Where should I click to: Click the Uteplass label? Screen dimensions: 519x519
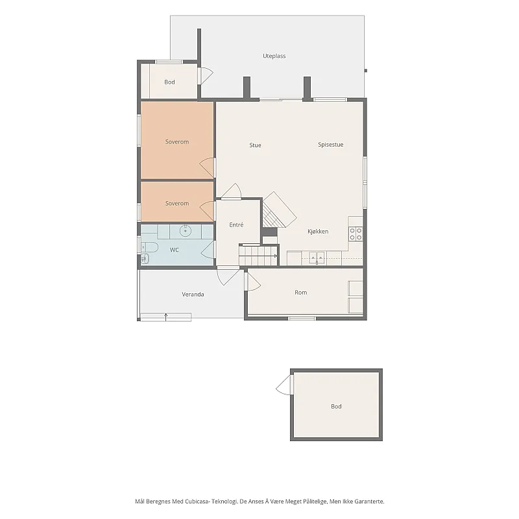click(x=274, y=56)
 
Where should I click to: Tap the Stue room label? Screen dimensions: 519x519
click(x=255, y=145)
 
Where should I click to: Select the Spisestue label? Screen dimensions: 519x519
click(x=331, y=145)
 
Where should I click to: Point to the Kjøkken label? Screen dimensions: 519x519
click(x=318, y=232)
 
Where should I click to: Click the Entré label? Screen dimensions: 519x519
click(x=236, y=224)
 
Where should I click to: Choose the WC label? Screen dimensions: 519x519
click(x=175, y=250)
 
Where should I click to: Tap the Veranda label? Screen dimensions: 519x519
click(x=193, y=295)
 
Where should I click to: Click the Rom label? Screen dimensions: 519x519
click(x=301, y=293)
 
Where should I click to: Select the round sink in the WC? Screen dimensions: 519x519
click(x=186, y=230)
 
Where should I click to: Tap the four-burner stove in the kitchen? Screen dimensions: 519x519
click(x=356, y=234)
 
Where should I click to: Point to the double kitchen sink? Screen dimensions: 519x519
click(x=317, y=258)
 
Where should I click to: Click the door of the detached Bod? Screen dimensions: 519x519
click(x=284, y=385)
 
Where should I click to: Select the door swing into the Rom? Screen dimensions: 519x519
click(x=254, y=282)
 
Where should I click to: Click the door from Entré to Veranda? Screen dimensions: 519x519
click(x=228, y=276)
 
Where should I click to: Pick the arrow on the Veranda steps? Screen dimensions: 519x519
click(x=166, y=317)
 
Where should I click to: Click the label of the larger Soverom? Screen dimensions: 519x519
click(x=177, y=141)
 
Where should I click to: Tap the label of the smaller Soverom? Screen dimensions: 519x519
click(x=177, y=203)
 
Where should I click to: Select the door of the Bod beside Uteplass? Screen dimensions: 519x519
click(x=206, y=75)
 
